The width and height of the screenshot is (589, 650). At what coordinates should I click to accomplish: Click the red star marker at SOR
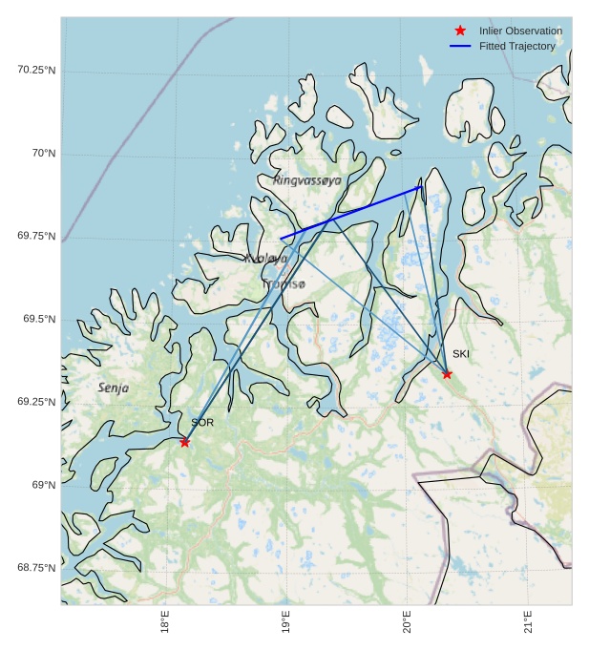point(184,441)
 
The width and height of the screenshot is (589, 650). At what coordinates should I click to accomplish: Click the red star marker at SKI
point(447,373)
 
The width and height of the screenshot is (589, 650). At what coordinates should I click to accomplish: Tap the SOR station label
point(202,423)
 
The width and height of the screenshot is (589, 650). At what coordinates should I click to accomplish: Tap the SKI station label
point(461,354)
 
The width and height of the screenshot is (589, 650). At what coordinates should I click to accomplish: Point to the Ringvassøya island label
point(306,180)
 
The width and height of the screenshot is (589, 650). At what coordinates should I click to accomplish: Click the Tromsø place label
point(284,284)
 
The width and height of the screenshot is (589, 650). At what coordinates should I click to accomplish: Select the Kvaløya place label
point(265,259)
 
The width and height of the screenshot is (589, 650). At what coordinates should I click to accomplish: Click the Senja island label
point(113,388)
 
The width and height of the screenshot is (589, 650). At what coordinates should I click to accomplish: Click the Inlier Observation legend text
point(520,31)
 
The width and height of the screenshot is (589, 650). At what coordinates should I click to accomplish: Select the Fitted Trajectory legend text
point(516,46)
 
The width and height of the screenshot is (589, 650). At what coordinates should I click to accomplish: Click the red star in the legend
point(460,31)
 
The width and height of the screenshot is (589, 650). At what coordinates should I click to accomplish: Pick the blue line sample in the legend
point(460,46)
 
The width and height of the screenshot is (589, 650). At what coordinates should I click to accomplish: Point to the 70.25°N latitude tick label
point(36,70)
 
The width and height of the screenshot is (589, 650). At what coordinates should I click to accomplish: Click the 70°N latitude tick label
point(44,153)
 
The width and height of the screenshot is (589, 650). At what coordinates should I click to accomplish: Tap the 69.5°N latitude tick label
point(39,319)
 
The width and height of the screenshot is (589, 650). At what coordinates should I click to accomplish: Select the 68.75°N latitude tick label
point(36,568)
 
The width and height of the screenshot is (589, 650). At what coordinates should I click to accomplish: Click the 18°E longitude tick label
point(165,623)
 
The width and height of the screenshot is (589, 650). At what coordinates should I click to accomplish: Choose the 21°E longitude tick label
point(528,623)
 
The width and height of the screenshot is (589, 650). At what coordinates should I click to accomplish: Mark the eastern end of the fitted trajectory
point(421,186)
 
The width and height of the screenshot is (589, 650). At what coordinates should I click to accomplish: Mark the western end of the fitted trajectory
point(281,238)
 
